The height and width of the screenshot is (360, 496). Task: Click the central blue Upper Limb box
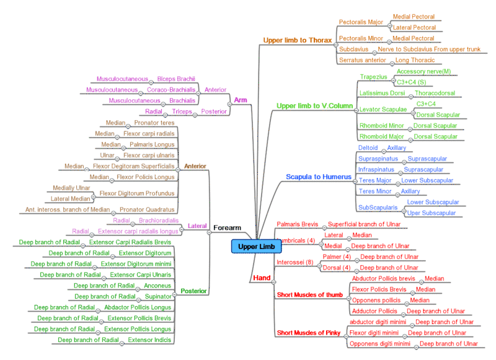coord(256,247)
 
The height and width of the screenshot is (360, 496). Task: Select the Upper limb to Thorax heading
coord(297,40)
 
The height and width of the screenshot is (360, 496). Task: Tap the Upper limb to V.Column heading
coord(314,106)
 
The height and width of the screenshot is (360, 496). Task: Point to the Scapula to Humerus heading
coord(319,177)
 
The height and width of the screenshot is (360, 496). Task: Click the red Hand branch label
coord(262,278)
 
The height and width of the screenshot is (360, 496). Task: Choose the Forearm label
coord(226,227)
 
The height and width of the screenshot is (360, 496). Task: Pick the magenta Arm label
coord(241,100)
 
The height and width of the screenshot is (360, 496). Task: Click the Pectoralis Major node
coord(361,22)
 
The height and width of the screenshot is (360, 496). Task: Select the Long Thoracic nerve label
coord(415,60)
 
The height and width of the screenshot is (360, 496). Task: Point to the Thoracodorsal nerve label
coord(436,93)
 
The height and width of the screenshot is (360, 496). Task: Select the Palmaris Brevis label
coord(296,224)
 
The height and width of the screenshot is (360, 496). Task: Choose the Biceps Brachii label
coord(176,79)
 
